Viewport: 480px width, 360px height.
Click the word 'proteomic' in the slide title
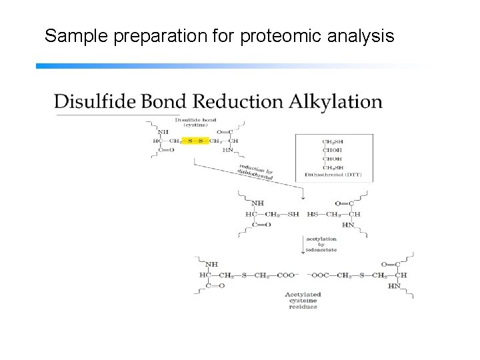[254, 36]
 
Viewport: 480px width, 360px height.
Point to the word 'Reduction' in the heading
[238, 102]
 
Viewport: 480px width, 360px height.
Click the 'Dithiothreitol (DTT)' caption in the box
[334, 173]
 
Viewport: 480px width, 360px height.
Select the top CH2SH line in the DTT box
[333, 141]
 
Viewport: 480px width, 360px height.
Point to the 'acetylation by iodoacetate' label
[321, 243]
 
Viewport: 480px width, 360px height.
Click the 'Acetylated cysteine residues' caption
[303, 300]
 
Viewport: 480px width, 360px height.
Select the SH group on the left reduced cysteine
[294, 214]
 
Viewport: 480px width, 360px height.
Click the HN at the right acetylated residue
[393, 286]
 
